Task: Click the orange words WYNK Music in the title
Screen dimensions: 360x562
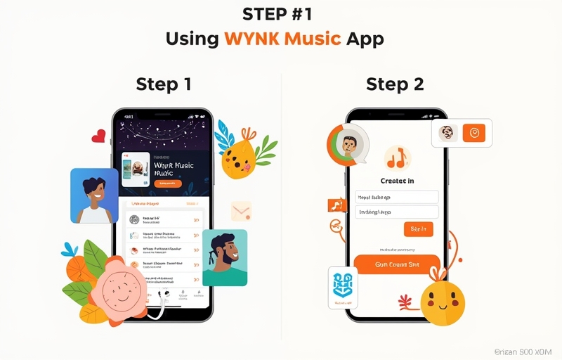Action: point(283,38)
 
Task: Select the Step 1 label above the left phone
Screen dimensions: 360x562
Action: point(163,84)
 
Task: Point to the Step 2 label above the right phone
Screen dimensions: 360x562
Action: point(395,84)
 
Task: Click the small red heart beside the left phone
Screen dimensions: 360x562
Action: point(99,136)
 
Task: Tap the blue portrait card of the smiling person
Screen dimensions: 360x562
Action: point(94,195)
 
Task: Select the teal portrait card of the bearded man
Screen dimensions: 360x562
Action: point(225,257)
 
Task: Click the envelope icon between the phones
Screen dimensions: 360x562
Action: point(241,211)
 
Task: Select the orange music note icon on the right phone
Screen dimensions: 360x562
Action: point(398,158)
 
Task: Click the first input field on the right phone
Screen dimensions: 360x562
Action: point(397,198)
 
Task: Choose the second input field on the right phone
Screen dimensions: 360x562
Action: point(397,212)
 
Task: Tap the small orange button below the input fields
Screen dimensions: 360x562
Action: point(418,229)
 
